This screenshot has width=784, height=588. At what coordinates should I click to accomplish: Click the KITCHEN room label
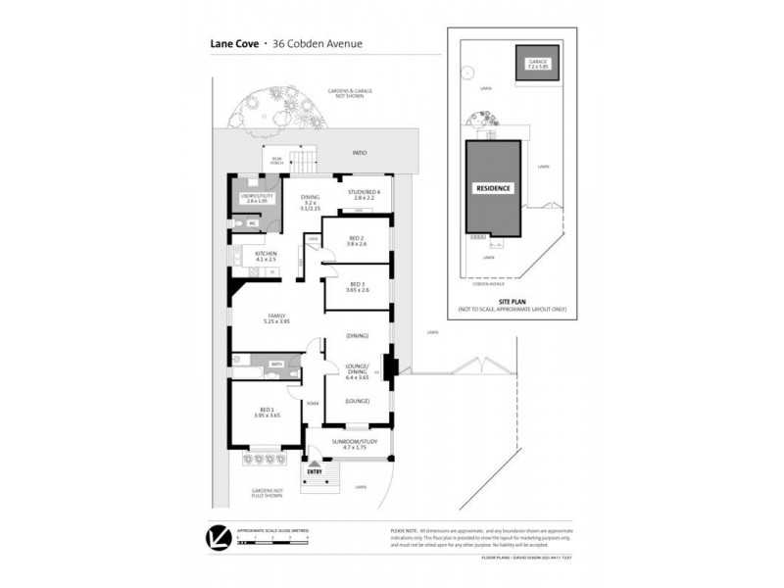[267, 254]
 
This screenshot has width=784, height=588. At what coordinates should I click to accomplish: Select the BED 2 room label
[356, 238]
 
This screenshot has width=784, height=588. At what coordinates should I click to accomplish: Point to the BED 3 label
[356, 285]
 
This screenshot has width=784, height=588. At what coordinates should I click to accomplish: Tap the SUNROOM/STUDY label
[355, 442]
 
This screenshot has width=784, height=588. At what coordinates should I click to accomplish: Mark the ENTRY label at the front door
[315, 471]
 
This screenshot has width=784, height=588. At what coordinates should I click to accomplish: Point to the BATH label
[276, 363]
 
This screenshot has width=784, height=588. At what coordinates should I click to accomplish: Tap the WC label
[251, 223]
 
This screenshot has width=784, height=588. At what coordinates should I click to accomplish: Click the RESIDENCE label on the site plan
[493, 188]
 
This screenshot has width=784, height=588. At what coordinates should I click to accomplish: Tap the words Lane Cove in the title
[231, 43]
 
